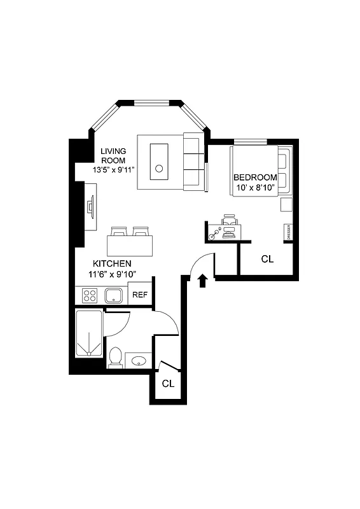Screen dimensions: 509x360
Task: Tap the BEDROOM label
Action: click(x=255, y=177)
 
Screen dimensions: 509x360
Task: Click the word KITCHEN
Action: click(x=112, y=263)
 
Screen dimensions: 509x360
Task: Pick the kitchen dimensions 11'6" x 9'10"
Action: click(x=112, y=274)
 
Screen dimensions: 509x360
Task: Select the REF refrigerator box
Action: click(x=139, y=295)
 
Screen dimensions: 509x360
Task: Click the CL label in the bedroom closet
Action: click(x=267, y=259)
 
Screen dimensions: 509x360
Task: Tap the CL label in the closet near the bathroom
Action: click(x=168, y=384)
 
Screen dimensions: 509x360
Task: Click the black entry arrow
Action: click(x=203, y=281)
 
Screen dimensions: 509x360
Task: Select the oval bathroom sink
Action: click(x=138, y=361)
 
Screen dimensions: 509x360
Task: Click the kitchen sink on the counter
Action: click(x=114, y=295)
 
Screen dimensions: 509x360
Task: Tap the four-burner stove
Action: click(x=90, y=295)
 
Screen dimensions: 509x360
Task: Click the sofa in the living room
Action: click(x=193, y=162)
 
